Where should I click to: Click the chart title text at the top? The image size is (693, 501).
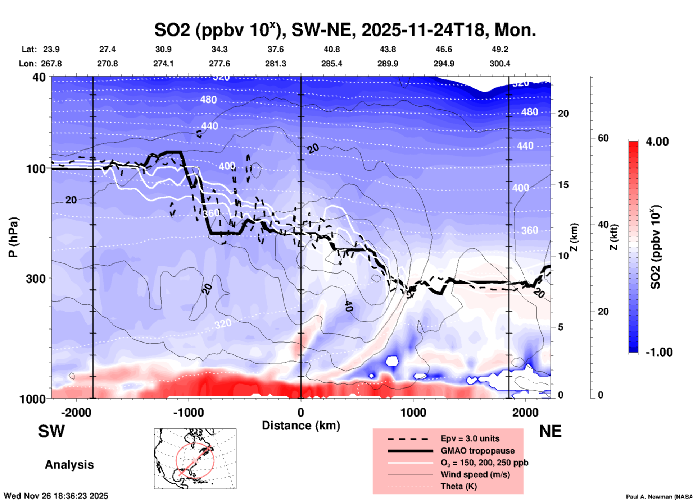[x=345, y=30]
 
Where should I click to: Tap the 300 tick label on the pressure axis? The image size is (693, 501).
[x=36, y=279]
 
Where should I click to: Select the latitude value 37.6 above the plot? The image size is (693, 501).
[x=275, y=49]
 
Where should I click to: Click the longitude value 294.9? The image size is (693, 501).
[x=444, y=64]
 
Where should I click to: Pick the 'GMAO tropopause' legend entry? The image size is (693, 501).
[x=477, y=451]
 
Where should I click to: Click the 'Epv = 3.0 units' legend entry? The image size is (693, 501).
[x=470, y=438]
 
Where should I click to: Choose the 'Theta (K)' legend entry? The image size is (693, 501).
[x=458, y=486]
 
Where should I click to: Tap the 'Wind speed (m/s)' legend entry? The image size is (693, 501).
[x=475, y=474]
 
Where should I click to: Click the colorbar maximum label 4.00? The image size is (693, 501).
[x=657, y=142]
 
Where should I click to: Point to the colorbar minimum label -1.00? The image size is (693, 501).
[x=659, y=352]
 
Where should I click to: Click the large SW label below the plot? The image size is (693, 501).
[x=51, y=431]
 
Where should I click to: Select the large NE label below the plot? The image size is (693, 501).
[x=550, y=431]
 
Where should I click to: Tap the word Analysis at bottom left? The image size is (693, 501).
[x=69, y=465]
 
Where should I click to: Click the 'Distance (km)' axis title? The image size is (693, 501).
[x=301, y=426]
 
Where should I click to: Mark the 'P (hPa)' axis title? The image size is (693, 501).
[x=13, y=237]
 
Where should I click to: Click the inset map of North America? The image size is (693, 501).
[x=195, y=459]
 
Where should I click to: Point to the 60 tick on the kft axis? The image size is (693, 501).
[x=603, y=138]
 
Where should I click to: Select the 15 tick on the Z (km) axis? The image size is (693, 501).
[x=563, y=185]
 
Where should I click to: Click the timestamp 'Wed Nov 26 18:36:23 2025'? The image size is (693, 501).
[x=56, y=496]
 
